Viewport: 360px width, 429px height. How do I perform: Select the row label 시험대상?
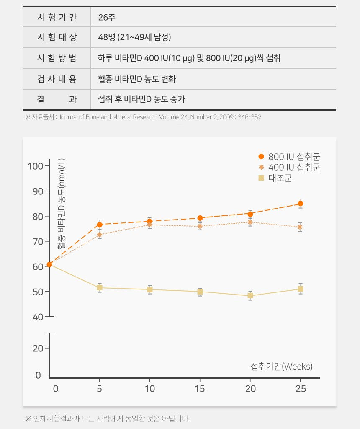click(57, 37)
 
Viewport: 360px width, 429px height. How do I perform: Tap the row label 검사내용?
click(57, 79)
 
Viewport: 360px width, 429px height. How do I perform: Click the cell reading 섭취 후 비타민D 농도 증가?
click(141, 99)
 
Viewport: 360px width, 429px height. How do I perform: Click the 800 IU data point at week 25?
click(300, 204)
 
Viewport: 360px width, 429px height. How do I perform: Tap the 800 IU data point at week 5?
click(99, 225)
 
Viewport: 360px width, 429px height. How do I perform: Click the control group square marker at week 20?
click(250, 296)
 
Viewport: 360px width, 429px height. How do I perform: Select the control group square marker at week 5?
click(99, 288)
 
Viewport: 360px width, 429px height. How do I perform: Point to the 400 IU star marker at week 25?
click(300, 227)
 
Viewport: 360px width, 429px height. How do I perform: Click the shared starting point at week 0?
click(49, 264)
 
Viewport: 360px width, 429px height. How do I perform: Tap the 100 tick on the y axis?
click(36, 166)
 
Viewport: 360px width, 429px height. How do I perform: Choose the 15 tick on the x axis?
click(200, 389)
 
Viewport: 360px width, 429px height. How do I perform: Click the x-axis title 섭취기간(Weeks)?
click(281, 367)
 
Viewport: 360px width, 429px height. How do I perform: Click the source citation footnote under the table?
click(143, 117)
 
